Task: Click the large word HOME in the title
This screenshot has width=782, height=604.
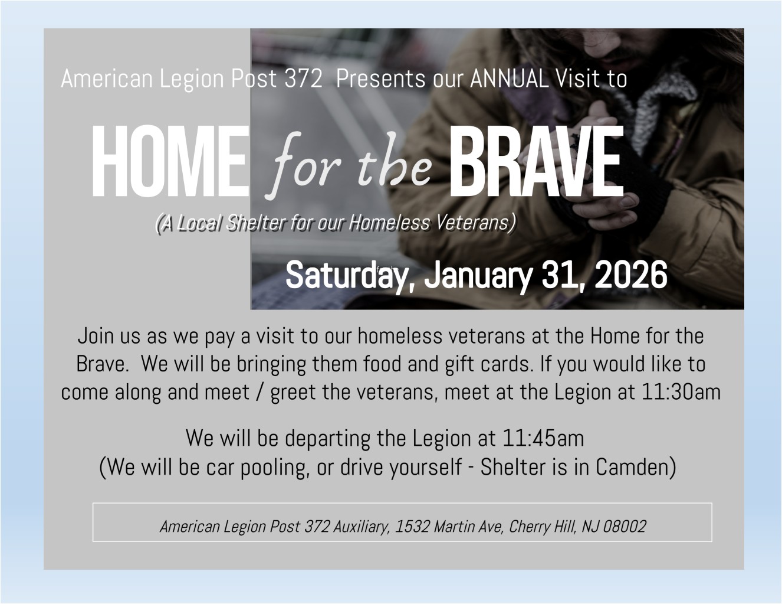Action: click(171, 161)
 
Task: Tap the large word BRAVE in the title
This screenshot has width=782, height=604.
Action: click(537, 161)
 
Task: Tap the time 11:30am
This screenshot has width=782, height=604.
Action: click(681, 392)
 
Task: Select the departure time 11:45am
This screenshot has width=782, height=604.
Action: click(543, 438)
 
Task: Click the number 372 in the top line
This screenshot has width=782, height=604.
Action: click(303, 79)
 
